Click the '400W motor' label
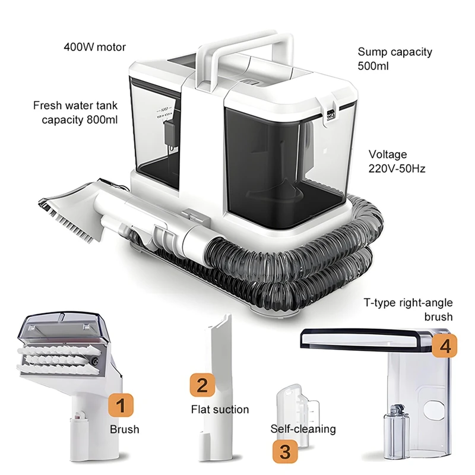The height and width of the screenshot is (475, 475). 95,47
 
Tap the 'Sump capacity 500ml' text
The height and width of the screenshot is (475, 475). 394,58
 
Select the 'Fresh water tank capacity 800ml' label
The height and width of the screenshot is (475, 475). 75,113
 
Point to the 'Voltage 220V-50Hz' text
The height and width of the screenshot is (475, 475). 397,160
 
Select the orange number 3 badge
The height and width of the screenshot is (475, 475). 285,451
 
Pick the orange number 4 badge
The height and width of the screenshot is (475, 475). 445,346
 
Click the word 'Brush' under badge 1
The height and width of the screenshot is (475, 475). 124,429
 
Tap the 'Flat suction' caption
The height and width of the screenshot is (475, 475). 220,409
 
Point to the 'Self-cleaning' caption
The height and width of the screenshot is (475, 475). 303,429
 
